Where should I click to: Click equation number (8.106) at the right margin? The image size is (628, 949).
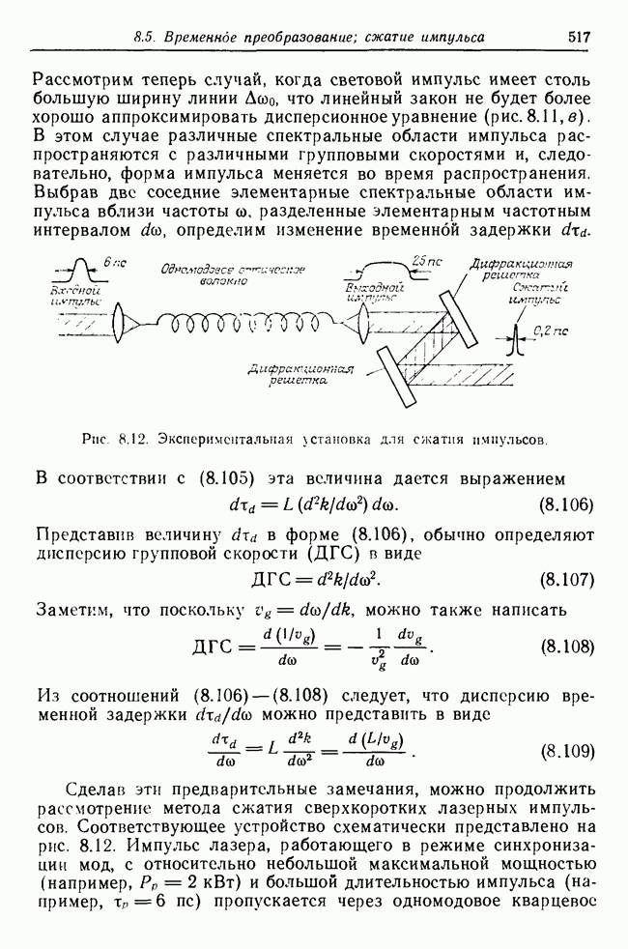pos(565,504)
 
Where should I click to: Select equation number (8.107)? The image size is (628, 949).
pos(565,580)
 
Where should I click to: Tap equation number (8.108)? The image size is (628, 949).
pos(565,647)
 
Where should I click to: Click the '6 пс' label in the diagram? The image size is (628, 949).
pos(114,262)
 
